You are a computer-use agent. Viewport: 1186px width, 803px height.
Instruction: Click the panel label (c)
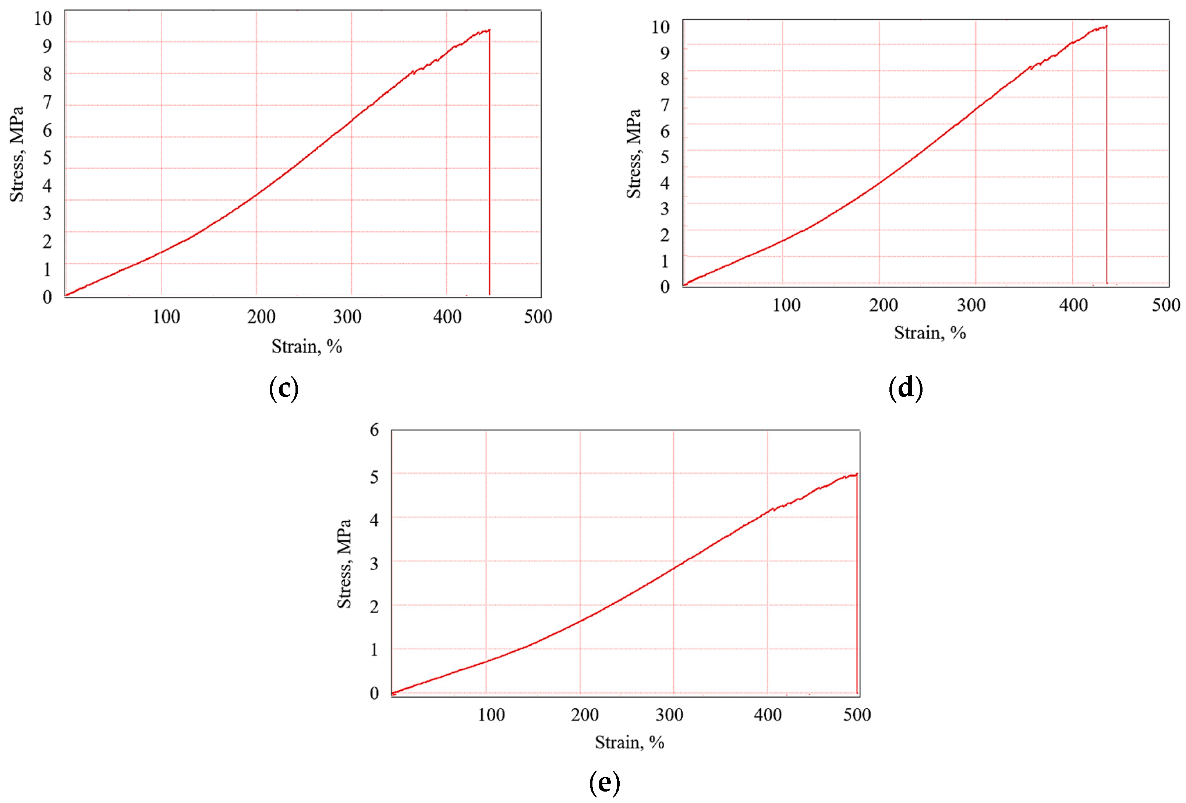tap(284, 388)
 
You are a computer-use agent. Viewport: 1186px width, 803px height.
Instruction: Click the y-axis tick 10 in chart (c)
tap(43, 18)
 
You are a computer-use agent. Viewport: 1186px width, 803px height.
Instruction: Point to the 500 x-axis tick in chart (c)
tap(538, 317)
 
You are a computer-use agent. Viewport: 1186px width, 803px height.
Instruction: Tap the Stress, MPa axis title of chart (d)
tap(633, 154)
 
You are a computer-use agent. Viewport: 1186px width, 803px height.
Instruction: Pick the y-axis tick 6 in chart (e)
tap(374, 429)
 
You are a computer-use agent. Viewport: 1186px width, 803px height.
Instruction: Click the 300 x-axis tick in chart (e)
tap(669, 715)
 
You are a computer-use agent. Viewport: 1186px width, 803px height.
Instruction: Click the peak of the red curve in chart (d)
tap(1106, 26)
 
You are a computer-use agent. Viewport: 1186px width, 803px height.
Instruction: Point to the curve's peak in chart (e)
tap(856, 474)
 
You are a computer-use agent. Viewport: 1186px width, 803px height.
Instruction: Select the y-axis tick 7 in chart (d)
tap(665, 105)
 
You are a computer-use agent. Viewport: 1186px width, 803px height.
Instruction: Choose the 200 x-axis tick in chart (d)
tap(884, 305)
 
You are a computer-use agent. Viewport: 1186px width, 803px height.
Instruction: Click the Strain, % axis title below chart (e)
tap(629, 742)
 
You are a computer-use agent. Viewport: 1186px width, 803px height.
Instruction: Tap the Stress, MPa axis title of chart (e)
tap(344, 564)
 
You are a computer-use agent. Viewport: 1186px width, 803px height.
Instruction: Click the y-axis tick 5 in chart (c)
tap(47, 158)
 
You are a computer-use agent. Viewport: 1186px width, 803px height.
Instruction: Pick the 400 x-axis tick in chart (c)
tap(447, 317)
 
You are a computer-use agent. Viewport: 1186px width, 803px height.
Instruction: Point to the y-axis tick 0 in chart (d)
tap(665, 287)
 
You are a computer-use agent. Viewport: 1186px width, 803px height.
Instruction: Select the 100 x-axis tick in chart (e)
tap(491, 715)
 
